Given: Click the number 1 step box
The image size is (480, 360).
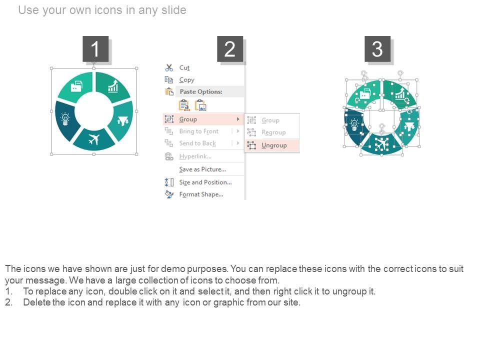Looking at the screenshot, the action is click(95, 48).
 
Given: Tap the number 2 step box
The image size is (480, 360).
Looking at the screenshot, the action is click(230, 48).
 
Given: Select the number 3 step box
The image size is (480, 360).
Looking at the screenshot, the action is click(377, 48).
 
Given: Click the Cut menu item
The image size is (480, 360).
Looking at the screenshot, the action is click(184, 67).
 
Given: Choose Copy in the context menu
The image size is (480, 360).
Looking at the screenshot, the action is click(186, 80).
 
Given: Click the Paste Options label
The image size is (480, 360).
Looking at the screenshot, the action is click(201, 91).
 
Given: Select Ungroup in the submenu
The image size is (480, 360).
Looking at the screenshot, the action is click(274, 145).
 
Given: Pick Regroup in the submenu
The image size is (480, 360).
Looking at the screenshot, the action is click(273, 132).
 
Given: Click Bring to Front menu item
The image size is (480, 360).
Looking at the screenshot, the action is click(199, 131).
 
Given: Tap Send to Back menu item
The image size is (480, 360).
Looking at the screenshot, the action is click(197, 143).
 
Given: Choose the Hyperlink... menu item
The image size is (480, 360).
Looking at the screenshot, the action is click(195, 156).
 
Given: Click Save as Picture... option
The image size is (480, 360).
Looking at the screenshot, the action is click(202, 169).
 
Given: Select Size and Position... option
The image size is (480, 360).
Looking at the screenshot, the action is click(205, 182).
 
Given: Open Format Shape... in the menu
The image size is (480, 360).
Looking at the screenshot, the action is click(201, 194).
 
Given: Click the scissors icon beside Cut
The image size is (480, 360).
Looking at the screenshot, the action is click(169, 67).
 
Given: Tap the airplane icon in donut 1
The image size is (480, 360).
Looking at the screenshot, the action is click(94, 139).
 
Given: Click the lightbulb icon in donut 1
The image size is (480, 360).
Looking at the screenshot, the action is click(65, 119).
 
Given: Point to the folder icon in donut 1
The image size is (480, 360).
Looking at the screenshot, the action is click(76, 86).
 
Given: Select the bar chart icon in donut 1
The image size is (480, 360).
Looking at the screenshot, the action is click(113, 86).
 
